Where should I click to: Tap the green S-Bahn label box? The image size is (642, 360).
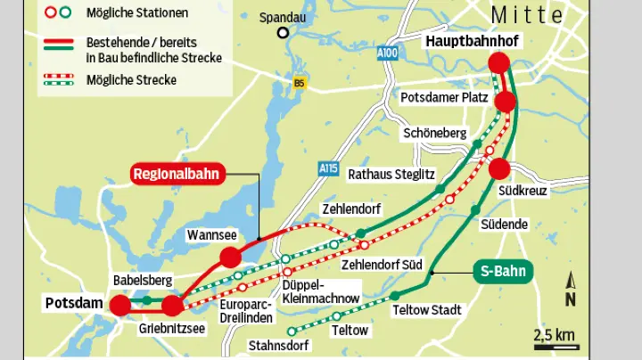pyautogui.click(x=501, y=272)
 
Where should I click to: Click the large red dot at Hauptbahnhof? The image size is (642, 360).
pyautogui.click(x=498, y=63)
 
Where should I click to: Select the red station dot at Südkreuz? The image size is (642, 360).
pyautogui.click(x=499, y=168)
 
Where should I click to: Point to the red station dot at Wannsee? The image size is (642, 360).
pyautogui.click(x=230, y=258)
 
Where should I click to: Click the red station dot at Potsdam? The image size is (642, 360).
pyautogui.click(x=119, y=306)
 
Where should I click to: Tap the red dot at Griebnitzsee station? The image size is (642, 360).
pyautogui.click(x=172, y=307)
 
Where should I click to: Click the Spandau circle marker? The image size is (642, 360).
pyautogui.click(x=283, y=34)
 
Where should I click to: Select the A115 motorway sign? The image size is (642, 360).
pyautogui.click(x=329, y=168)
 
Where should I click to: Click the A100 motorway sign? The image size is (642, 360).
pyautogui.click(x=387, y=53)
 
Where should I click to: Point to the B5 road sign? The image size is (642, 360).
pyautogui.click(x=299, y=83)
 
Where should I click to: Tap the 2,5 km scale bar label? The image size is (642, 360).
pyautogui.click(x=555, y=335)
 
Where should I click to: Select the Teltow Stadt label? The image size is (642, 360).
pyautogui.click(x=426, y=310)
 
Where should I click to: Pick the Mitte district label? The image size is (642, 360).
pyautogui.click(x=527, y=15)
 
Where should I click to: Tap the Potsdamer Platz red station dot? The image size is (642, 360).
pyautogui.click(x=506, y=102)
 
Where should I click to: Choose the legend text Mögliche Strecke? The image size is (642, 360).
pyautogui.click(x=131, y=80)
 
